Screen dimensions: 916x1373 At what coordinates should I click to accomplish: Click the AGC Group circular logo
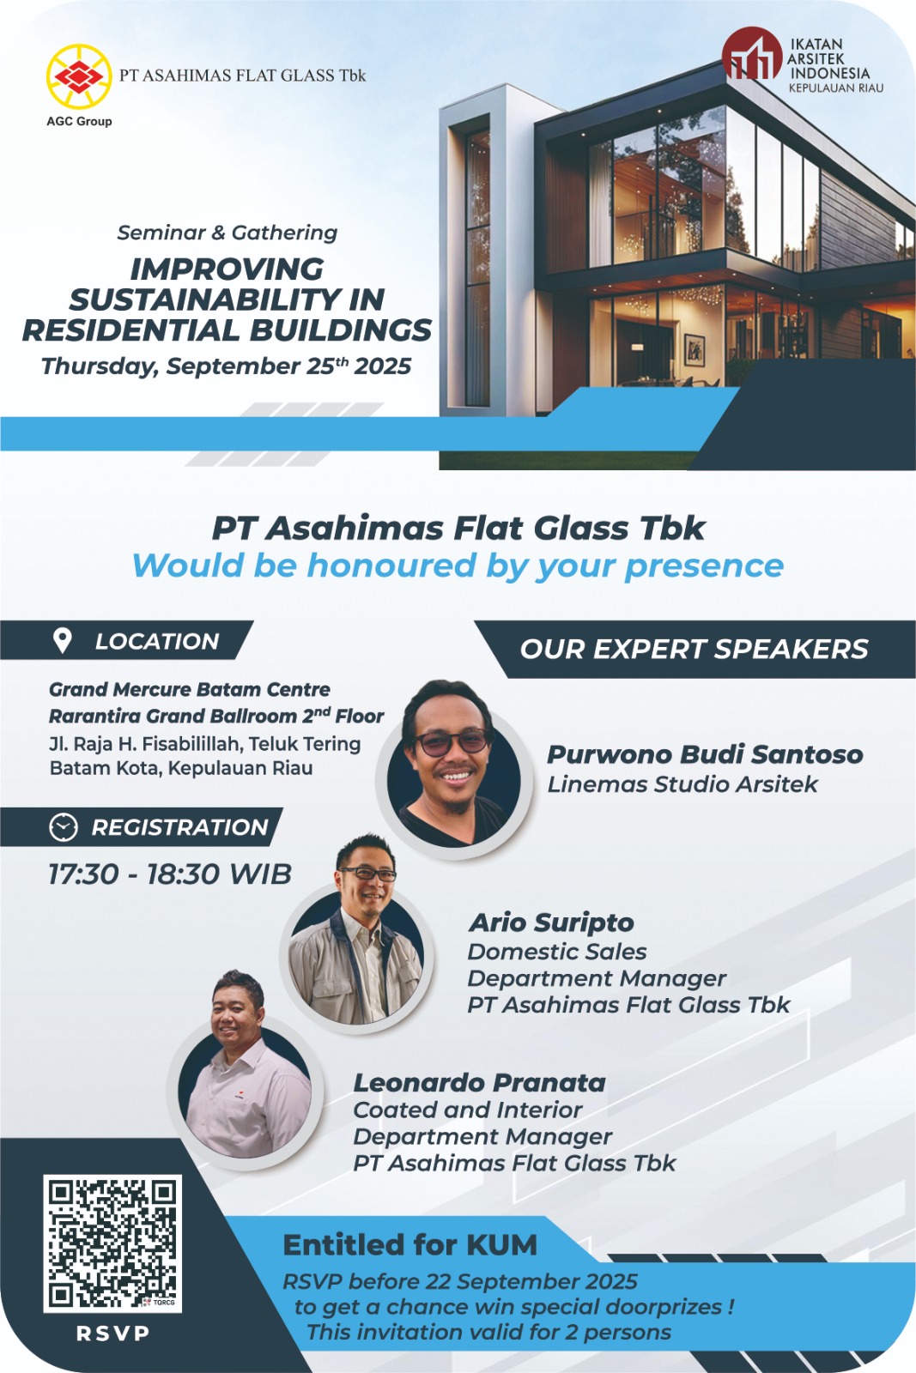78,76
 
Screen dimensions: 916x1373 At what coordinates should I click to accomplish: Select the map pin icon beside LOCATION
62,640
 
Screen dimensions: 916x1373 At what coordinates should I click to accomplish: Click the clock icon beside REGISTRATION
63,827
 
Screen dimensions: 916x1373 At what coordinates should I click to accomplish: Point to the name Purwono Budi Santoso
705,754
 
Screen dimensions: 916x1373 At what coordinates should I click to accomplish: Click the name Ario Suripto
551,922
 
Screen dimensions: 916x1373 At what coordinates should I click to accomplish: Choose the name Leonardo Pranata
479,1083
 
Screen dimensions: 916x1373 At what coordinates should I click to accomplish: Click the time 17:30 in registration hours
82,874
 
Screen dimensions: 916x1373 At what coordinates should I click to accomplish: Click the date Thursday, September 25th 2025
226,366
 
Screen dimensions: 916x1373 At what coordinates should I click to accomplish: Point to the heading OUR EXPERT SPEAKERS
694,649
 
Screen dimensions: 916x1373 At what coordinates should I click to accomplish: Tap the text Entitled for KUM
409,1245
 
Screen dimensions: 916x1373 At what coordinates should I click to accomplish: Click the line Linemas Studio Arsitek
682,784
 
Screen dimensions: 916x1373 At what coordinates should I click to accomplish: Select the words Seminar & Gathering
227,233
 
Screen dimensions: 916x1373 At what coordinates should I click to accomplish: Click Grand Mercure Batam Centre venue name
190,690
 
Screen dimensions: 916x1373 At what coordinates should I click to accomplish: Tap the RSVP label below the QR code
112,1334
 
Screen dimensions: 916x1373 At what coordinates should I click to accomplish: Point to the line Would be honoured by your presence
458,566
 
